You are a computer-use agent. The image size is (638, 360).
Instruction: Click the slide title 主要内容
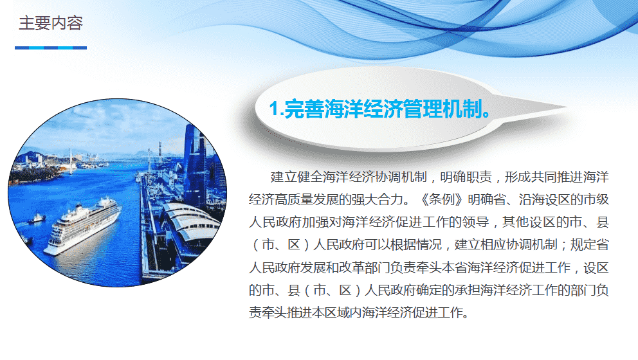pos(51,23)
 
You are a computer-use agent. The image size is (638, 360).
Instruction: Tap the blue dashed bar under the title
pos(51,48)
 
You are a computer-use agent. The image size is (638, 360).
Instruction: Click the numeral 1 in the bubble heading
pos(274,109)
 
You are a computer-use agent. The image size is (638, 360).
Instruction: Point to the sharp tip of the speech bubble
pos(568,107)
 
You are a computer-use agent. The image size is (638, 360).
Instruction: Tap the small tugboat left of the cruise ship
pos(37,219)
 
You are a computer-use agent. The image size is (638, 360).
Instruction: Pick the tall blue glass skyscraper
pos(194,163)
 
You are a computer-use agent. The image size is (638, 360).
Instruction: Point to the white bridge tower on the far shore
pos(71,160)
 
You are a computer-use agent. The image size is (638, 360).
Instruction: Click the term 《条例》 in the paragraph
pos(442,199)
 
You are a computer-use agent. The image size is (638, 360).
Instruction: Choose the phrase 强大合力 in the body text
pos(378,199)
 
